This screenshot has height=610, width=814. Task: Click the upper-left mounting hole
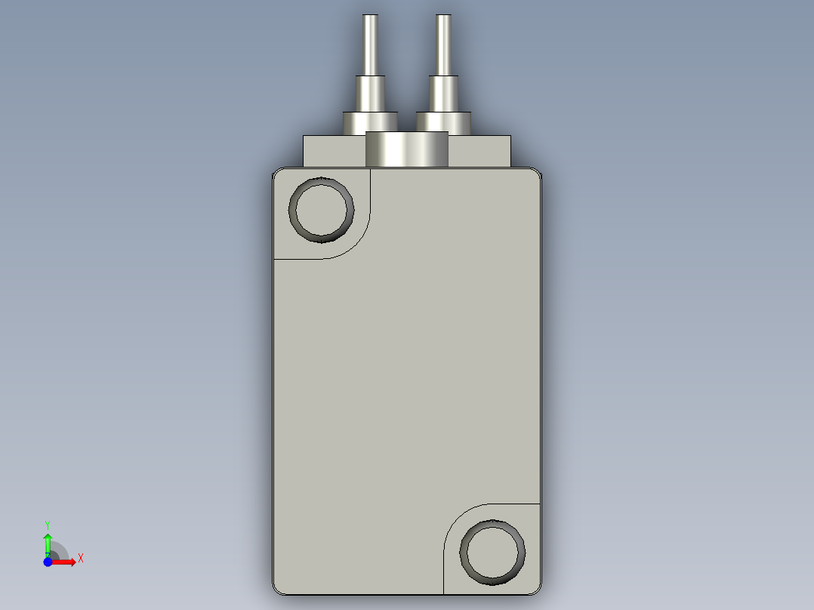click(x=323, y=210)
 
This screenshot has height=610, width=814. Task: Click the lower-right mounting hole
click(x=492, y=552)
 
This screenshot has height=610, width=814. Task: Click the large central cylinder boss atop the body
click(x=407, y=149)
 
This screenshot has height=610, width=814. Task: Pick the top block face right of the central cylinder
click(x=479, y=152)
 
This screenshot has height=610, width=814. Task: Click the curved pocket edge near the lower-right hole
click(x=456, y=518)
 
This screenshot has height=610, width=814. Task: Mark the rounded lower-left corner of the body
click(x=277, y=589)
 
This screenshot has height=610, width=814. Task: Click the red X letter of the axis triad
click(x=81, y=559)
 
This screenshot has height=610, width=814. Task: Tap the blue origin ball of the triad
click(x=48, y=562)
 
